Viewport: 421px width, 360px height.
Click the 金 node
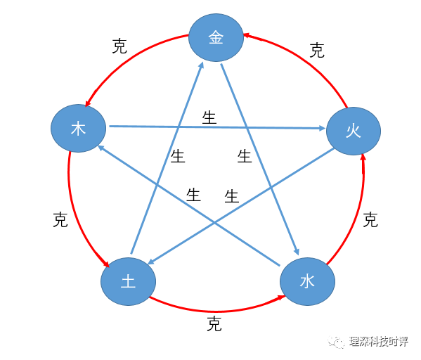point(216,37)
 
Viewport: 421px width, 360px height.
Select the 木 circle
point(79,129)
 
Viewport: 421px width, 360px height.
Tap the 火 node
point(354,131)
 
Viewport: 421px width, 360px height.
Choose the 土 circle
point(129,281)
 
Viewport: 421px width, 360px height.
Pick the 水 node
point(307,281)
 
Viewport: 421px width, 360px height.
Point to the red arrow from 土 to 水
point(215,311)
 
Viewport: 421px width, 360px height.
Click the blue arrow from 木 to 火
point(217,127)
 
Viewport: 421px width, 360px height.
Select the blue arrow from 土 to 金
point(167,158)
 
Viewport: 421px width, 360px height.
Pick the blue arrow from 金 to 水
point(260,159)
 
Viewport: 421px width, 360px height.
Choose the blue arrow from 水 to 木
point(189,206)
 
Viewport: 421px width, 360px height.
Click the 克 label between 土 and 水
point(214,324)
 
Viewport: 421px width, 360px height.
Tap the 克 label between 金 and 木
point(119,46)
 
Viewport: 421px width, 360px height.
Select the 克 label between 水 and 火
point(370,220)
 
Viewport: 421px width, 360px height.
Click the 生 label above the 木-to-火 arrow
point(209,117)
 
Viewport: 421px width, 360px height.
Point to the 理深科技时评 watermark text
point(379,342)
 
